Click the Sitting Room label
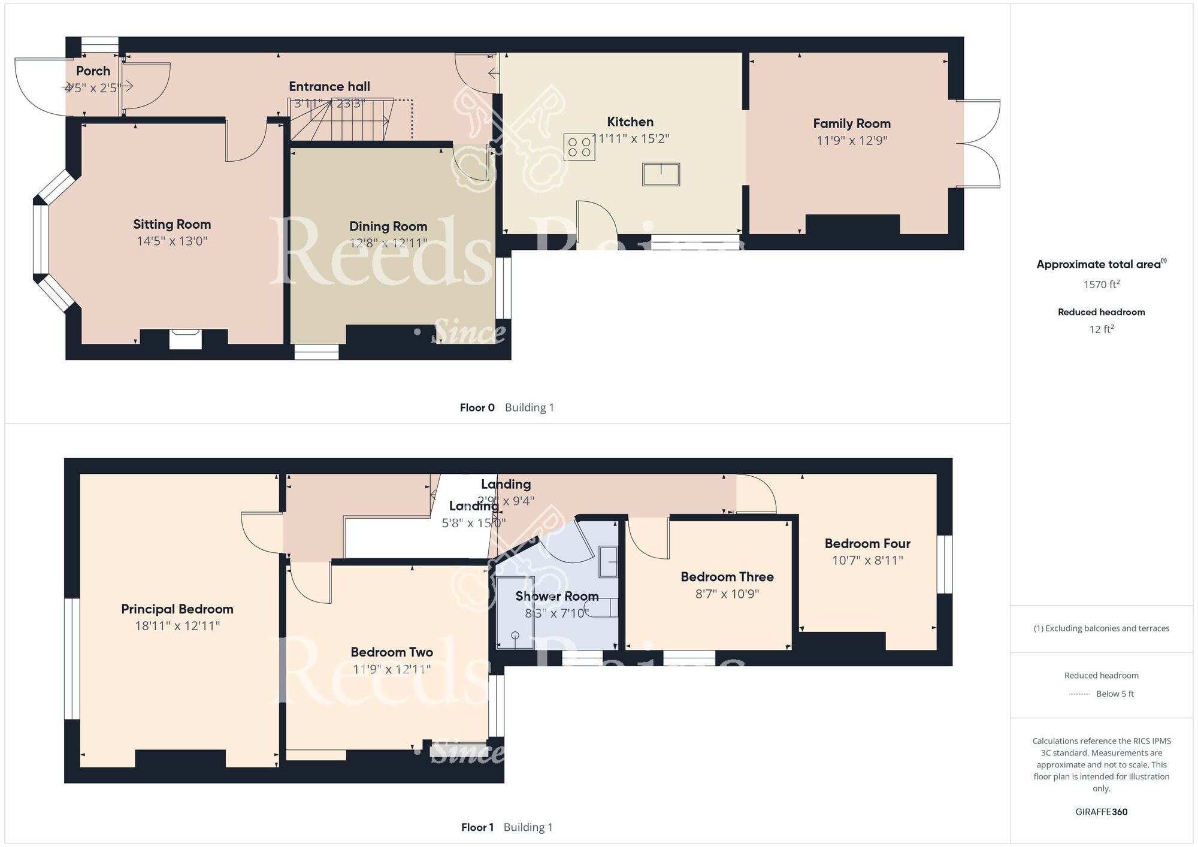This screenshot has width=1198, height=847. (172, 225)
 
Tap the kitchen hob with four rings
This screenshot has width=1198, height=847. (579, 147)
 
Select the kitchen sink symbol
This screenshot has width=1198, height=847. (661, 174)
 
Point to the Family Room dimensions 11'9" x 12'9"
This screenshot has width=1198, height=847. (852, 141)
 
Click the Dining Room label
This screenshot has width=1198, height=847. (388, 226)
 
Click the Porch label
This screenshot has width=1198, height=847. (93, 71)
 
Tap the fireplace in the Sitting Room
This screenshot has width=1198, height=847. (184, 339)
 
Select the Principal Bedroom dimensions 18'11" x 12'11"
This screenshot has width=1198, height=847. (177, 626)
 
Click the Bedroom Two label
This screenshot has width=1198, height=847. (392, 652)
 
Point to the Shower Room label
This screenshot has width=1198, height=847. (557, 597)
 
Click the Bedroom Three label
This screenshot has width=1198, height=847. (727, 577)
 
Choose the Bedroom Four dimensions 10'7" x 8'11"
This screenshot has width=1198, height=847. (867, 561)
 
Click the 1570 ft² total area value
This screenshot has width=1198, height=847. (1101, 285)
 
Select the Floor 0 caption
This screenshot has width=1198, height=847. (477, 408)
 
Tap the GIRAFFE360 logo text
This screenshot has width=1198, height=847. (1101, 812)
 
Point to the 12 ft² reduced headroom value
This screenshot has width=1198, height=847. (1101, 329)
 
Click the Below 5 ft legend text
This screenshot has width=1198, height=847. (1115, 694)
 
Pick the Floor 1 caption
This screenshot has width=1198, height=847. (477, 828)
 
